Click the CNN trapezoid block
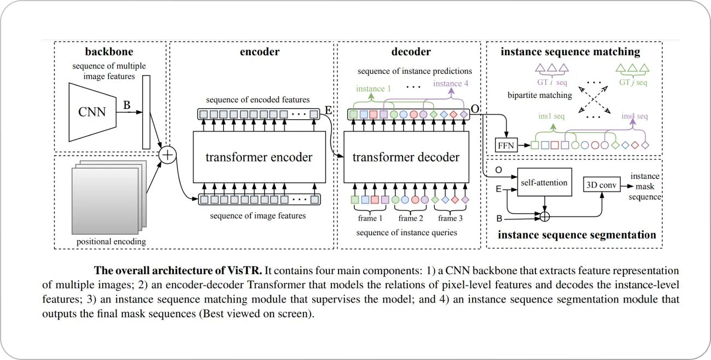coord(91,113)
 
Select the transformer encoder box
coord(259,158)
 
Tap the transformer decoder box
coord(406,158)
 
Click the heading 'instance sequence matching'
coord(570,53)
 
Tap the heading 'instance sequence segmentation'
coord(576,235)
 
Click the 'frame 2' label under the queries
coord(411,218)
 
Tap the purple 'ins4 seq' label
coord(634,117)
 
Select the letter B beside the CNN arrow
coord(126,104)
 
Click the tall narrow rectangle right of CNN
coord(145,112)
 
